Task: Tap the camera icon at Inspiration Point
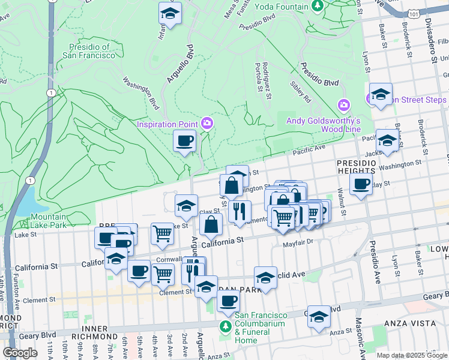208,124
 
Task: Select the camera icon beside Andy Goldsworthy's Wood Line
343,106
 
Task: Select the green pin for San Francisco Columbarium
225,327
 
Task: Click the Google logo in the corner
20,352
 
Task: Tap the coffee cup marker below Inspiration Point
184,141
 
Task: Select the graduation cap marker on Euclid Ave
265,277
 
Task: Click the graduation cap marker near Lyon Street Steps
381,94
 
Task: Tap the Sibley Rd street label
301,92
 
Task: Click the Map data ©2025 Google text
412,355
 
